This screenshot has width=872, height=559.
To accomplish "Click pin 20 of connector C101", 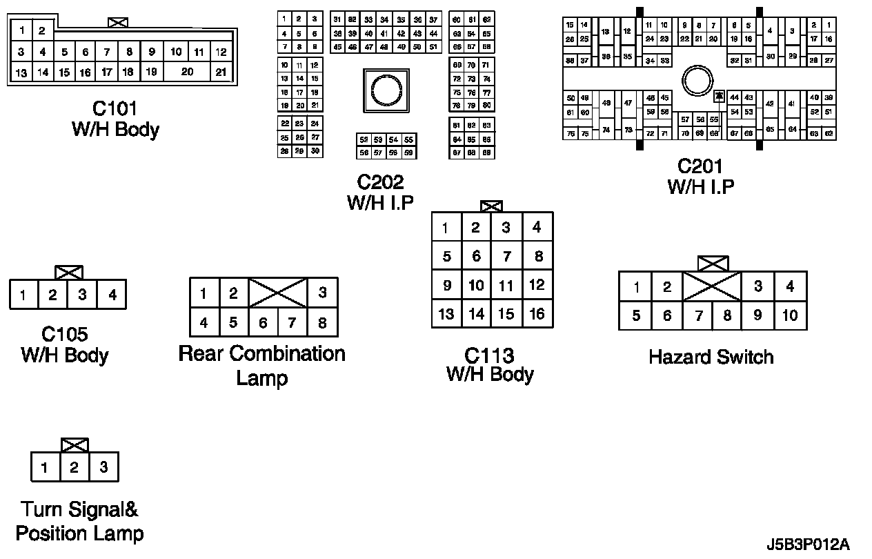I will (x=187, y=72).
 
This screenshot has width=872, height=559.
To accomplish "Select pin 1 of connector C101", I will (x=22, y=30).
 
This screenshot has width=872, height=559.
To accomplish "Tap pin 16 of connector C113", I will (x=537, y=314).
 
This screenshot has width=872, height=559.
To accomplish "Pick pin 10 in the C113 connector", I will (x=476, y=285).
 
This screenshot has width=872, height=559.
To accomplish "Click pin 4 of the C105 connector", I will (x=112, y=295).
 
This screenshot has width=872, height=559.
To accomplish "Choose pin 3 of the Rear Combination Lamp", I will (x=322, y=293).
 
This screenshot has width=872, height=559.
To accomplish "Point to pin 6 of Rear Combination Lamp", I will (x=263, y=322).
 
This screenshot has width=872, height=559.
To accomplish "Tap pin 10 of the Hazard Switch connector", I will (x=790, y=315).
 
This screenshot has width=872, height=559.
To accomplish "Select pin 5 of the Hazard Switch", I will (x=635, y=315).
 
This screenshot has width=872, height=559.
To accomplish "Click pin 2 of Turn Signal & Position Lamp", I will (x=74, y=467).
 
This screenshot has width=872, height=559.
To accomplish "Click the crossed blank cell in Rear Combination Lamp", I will (x=277, y=293).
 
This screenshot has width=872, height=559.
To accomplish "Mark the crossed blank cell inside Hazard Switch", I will (x=712, y=286).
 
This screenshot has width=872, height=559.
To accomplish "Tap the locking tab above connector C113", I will (x=491, y=206).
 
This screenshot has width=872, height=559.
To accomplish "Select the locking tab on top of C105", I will (x=68, y=273).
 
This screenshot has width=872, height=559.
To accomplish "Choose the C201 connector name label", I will (x=700, y=166).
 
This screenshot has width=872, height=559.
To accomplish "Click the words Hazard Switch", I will (x=711, y=357).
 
